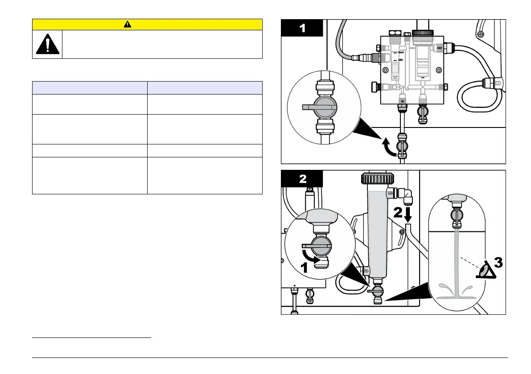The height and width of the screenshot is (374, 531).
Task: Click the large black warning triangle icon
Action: tap(47, 44)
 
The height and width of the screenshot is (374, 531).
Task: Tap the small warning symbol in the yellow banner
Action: tap(128, 25)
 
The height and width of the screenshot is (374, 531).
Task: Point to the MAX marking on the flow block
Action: tap(401, 52)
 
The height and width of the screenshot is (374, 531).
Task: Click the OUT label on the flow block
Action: tap(440, 48)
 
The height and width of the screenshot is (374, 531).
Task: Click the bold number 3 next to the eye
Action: tap(498, 263)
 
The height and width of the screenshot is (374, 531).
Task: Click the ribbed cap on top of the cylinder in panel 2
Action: tap(377, 179)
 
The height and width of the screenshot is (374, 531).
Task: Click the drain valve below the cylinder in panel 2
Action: tap(377, 291)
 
